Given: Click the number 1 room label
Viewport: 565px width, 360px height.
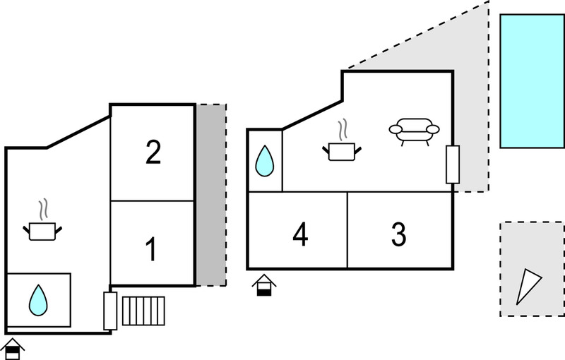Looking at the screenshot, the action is point(151,248).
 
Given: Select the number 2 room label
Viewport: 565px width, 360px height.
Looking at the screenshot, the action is point(153,152).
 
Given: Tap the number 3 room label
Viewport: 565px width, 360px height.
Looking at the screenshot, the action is point(399,234).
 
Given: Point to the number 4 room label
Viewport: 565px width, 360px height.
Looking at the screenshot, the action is point(300,234).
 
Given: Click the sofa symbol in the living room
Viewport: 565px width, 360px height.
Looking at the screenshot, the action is point(414,132).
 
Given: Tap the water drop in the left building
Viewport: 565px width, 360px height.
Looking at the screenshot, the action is point(38,300).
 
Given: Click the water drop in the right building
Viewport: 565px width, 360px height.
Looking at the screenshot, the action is point(264,161).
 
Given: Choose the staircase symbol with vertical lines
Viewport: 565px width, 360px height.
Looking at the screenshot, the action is point(143,311).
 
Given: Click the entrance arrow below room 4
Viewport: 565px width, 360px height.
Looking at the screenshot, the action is point(264,285).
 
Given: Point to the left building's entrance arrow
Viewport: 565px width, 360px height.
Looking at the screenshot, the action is point(13,349).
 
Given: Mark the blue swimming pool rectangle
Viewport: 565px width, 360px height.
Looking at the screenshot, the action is point(532,81).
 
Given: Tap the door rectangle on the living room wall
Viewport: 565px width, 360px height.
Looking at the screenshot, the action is point(453,164).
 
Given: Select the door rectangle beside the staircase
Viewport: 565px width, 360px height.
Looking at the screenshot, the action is point(110,311).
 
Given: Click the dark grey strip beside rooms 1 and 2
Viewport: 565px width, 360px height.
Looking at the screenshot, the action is point(210,195).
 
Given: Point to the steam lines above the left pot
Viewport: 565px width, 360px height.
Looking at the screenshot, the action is point(43,209).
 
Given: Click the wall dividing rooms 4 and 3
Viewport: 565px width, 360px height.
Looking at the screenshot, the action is point(347,230).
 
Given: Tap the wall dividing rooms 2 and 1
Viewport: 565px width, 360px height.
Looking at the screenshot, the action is point(153,200).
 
